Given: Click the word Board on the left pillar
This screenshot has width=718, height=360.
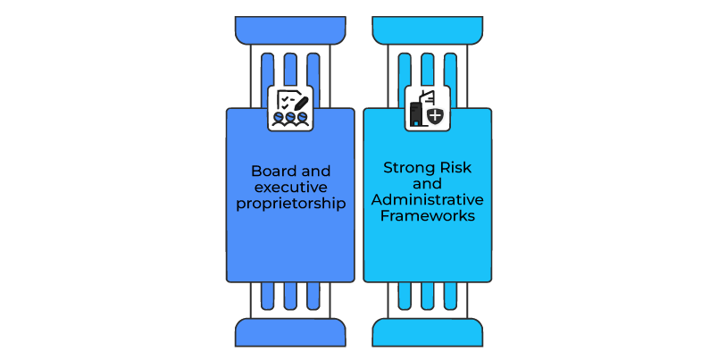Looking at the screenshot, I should coord(268,171).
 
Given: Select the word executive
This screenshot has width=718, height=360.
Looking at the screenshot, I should coord(291,187).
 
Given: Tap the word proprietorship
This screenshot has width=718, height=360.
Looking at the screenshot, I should coord(291,203).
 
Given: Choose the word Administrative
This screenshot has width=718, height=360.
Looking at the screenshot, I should coord(427,198).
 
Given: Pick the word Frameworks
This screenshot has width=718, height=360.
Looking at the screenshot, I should coord(427,214).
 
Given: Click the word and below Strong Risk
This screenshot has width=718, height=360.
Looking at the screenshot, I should coord(427,182).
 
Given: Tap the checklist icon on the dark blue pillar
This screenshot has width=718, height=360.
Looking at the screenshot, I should coord(290,108).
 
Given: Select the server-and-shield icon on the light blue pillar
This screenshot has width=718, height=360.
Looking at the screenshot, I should coord(427,108).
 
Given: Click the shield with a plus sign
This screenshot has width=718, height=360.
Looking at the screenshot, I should coord(435,115).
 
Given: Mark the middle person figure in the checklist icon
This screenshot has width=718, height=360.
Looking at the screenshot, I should coord(291,118).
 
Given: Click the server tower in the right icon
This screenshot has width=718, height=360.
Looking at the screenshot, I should coord(415,113).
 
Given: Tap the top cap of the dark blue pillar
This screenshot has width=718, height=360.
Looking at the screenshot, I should coord(290,29).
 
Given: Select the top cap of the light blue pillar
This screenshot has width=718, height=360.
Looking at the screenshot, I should coord(427,29).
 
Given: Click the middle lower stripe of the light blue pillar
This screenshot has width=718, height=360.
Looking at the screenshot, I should coord(427,295).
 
